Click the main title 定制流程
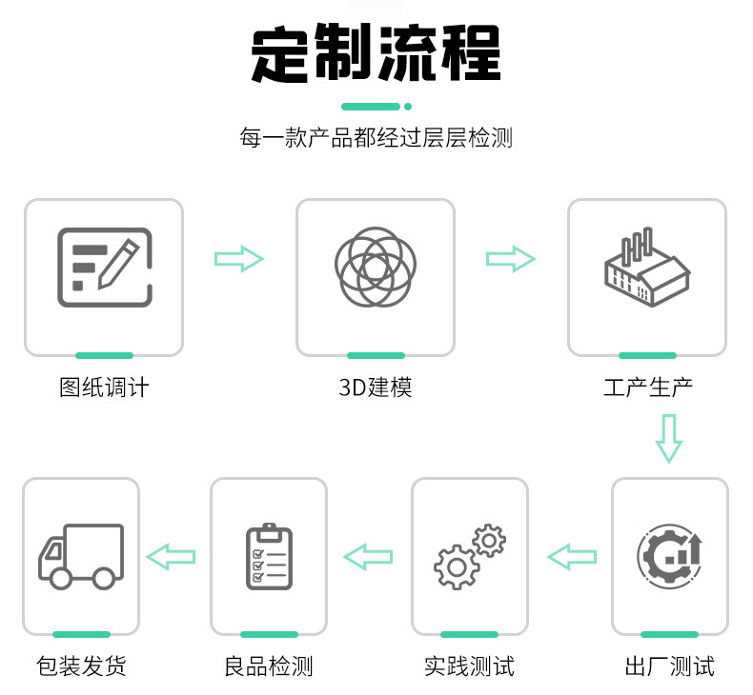click(x=376, y=54)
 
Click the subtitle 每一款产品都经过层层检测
click(x=376, y=138)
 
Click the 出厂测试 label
click(x=669, y=665)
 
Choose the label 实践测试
click(x=469, y=665)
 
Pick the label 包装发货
click(x=81, y=665)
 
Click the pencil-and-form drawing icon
click(x=104, y=266)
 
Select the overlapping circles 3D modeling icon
click(x=376, y=268)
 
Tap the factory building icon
click(x=647, y=268)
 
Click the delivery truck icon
click(x=81, y=555)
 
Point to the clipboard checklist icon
click(x=269, y=556)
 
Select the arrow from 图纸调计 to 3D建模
click(x=238, y=258)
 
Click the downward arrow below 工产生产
click(x=669, y=438)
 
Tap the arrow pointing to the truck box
click(x=171, y=556)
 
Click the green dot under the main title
click(x=408, y=107)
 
